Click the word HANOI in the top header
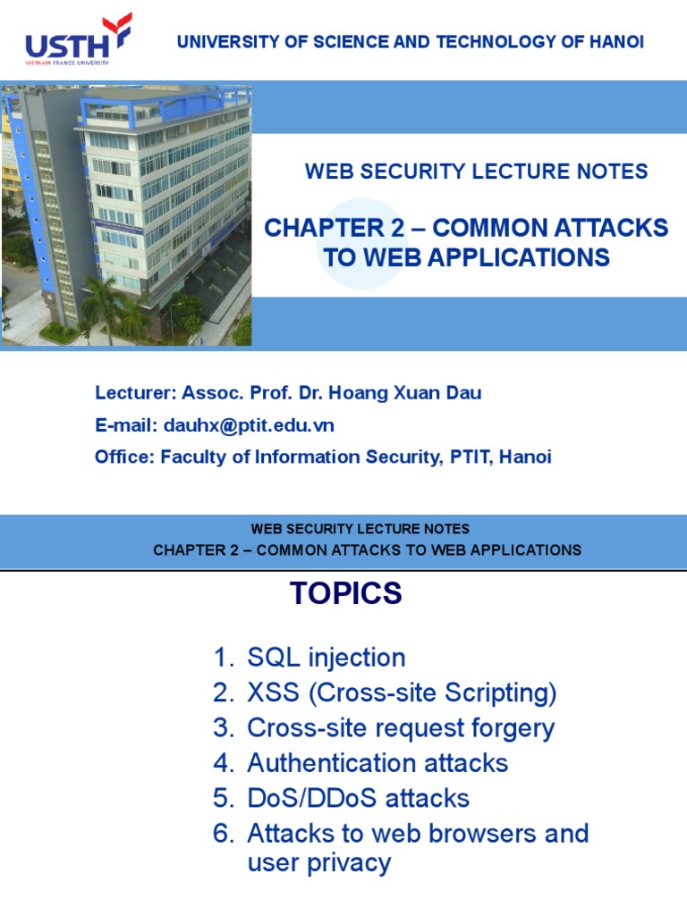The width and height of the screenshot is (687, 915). pos(613,42)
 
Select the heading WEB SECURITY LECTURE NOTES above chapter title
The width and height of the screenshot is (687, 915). pos(476,172)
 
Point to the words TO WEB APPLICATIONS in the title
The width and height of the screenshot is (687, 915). pos(466,258)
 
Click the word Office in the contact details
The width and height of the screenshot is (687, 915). pos(123,457)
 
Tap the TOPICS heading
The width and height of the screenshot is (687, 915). pos(345,593)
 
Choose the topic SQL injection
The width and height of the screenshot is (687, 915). pos(326,658)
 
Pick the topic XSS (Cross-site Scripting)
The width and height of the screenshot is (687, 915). pos(402,693)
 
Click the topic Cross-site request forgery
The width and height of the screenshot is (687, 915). pos(401,728)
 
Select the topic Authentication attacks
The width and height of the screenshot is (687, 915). pos(377,763)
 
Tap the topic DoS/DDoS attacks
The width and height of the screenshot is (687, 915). pos(358,798)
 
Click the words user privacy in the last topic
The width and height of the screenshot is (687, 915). pos(318,863)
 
